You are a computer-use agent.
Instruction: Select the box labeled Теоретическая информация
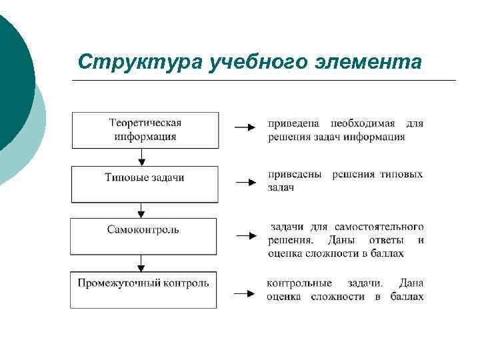(x=145, y=130)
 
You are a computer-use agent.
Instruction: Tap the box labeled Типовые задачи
(x=145, y=184)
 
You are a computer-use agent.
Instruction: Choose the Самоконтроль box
(x=144, y=236)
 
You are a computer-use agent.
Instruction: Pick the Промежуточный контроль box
(x=144, y=289)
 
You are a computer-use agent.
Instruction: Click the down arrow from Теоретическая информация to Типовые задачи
(x=141, y=157)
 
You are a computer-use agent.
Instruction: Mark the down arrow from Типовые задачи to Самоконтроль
(x=141, y=210)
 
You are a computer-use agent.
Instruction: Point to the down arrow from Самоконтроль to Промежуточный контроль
(x=141, y=262)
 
